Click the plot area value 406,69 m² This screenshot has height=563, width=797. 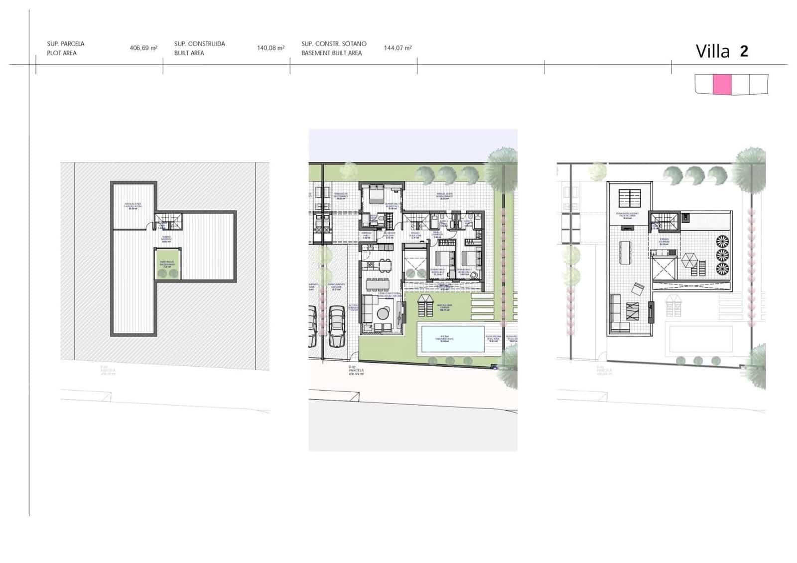click(x=143, y=48)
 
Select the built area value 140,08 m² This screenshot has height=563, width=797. click(x=270, y=48)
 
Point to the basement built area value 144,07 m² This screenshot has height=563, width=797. click(x=398, y=48)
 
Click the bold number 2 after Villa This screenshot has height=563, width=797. click(x=744, y=51)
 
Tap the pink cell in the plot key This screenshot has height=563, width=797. click(x=722, y=84)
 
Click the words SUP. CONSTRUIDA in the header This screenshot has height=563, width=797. click(x=199, y=44)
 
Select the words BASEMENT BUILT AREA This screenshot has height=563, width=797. click(x=331, y=53)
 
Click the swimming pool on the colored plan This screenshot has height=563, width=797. click(x=450, y=339)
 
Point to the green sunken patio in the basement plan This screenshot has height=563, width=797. click(x=166, y=264)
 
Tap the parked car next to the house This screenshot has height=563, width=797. click(x=337, y=326)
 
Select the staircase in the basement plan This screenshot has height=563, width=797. click(x=165, y=221)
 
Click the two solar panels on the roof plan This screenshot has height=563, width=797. click(x=630, y=198)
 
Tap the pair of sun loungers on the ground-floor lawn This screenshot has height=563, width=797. click(x=425, y=305)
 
